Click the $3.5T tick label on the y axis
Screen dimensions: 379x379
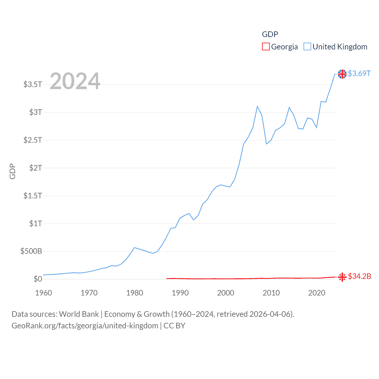[33, 84]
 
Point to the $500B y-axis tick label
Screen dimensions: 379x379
[31, 251]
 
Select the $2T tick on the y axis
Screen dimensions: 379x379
[36, 168]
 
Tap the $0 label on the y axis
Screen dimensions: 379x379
[38, 279]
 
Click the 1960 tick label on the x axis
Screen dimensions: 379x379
[44, 293]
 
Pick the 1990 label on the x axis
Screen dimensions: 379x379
[180, 293]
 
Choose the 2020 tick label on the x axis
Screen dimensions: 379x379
[317, 293]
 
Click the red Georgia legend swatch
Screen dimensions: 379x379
[266, 47]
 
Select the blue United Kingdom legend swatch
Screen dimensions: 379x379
[307, 47]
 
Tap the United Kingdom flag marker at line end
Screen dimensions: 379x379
[342, 74]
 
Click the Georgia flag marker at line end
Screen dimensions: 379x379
[342, 277]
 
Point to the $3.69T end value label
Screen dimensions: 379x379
[359, 73]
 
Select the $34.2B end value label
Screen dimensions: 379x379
[359, 276]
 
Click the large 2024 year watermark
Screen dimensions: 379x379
[75, 81]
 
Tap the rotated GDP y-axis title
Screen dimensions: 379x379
[12, 171]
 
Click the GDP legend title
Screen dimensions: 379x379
[270, 34]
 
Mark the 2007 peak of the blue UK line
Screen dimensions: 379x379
[257, 106]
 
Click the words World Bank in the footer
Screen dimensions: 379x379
[79, 314]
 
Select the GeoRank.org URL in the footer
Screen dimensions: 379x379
[85, 326]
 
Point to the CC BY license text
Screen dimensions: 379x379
[174, 326]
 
